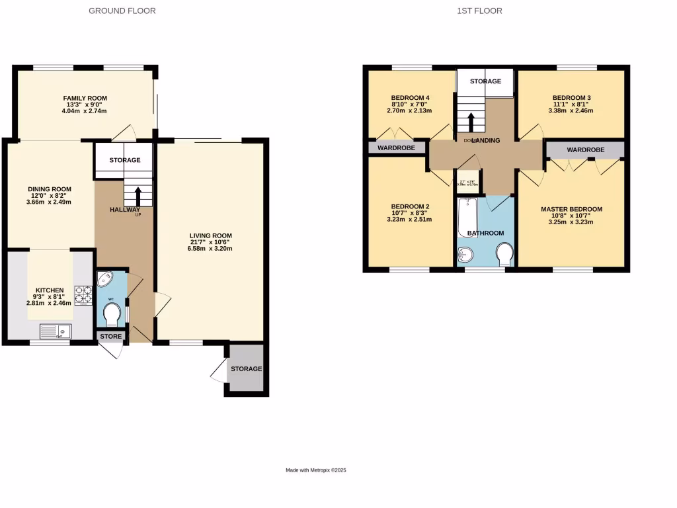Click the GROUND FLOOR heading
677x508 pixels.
point(122,11)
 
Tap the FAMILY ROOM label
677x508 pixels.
point(85,99)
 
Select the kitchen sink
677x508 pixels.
point(56,330)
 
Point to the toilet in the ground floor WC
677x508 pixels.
point(112,316)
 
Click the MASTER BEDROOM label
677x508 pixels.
point(571,210)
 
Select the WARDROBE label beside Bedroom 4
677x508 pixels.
point(396,148)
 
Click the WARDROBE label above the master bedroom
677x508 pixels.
point(585,150)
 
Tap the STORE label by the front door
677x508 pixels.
point(111,337)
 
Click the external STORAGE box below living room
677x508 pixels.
point(245,369)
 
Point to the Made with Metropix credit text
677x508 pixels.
point(316,470)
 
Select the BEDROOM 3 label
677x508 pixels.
point(571,98)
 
